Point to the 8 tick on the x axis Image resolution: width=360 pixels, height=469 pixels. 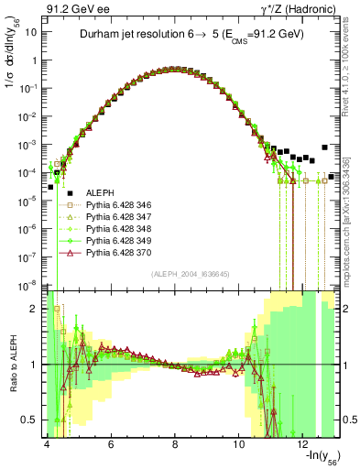pos(175,444)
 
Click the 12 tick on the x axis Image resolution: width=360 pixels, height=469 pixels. pos(303,444)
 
